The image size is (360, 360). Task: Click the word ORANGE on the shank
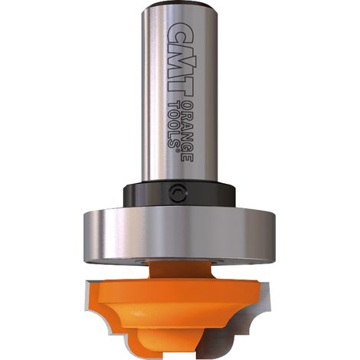pyautogui.click(x=187, y=131)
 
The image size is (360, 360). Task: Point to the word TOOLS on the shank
pyautogui.click(x=174, y=123)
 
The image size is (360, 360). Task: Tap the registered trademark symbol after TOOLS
pyautogui.click(x=175, y=150)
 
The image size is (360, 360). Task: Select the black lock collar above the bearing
pyautogui.click(x=179, y=194)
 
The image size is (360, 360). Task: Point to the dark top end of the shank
pyautogui.click(x=179, y=5)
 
